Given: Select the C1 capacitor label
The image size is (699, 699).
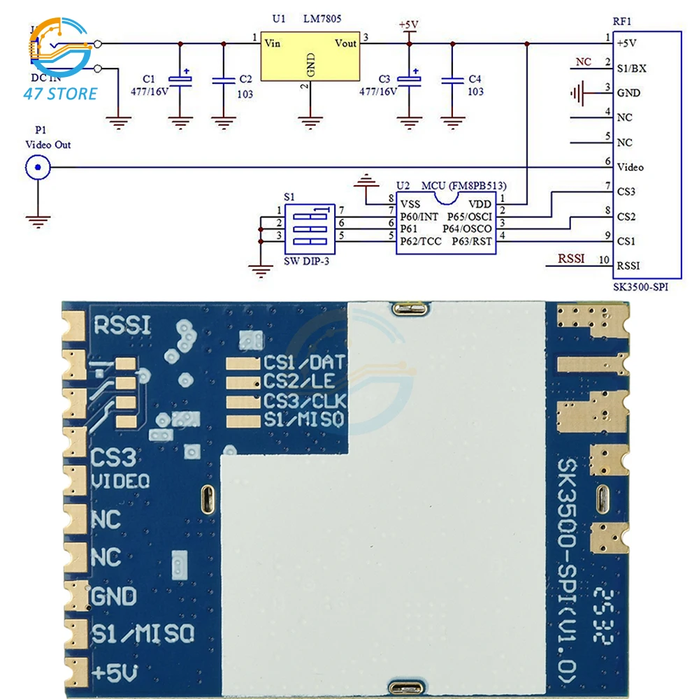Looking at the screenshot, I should point(147,78).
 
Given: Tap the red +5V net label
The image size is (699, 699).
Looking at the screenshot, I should point(408,24).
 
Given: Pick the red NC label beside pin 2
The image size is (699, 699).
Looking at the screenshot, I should point(583,62).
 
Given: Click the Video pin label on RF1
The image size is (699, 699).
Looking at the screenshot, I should point(630,167).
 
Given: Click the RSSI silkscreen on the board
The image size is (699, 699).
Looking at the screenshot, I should point(122,326).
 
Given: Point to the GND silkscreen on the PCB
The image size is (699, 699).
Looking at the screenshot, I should point(114,597).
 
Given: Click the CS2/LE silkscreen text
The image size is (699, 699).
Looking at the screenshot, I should point(299,382).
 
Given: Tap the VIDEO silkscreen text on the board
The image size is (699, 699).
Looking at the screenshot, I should point(120,481).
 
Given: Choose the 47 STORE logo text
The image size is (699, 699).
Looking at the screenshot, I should point(60,94).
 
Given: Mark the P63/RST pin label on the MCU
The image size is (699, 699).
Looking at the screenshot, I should point(472,242).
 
